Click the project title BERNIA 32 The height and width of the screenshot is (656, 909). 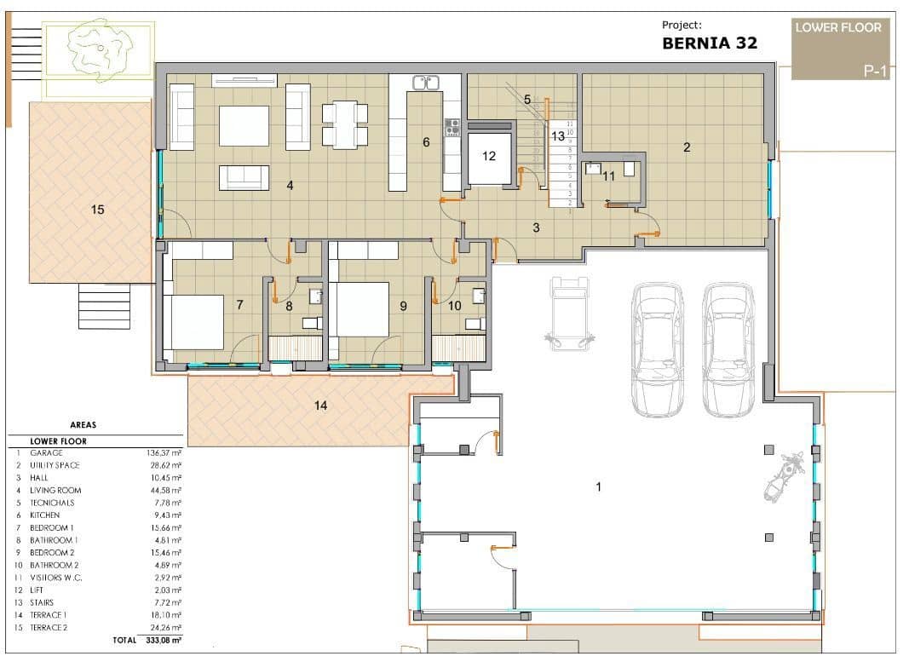(x=709, y=43)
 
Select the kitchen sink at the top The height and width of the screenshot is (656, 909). (x=425, y=83)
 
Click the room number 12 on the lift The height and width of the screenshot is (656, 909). (x=488, y=156)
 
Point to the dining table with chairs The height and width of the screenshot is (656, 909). (x=345, y=124)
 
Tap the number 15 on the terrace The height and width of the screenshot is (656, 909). (x=98, y=209)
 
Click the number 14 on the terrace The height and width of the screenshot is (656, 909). (x=320, y=406)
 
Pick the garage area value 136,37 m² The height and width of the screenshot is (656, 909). (x=164, y=453)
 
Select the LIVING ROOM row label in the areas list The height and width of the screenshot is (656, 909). (x=55, y=491)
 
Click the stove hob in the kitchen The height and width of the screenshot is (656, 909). (x=452, y=128)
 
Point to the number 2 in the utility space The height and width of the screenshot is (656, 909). (x=687, y=147)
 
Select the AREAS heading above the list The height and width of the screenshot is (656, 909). (x=83, y=424)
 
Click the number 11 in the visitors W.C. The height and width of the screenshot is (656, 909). (x=608, y=176)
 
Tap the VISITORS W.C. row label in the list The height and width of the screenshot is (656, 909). (x=59, y=578)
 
